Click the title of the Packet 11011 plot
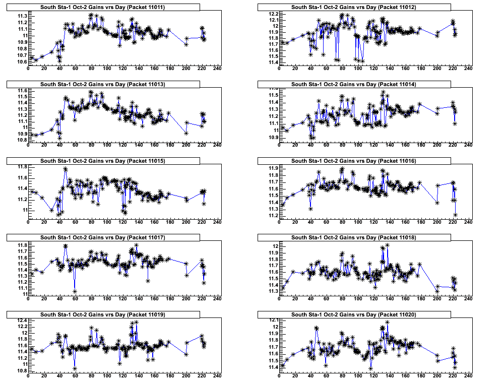point(103,7)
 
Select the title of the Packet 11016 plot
point(354,161)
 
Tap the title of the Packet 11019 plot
point(103,314)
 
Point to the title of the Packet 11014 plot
point(354,84)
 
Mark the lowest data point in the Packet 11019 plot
point(75,369)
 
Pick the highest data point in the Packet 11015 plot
point(66,169)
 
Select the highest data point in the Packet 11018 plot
point(388,245)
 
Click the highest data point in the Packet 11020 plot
point(387,322)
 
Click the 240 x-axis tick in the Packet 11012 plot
point(469,69)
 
